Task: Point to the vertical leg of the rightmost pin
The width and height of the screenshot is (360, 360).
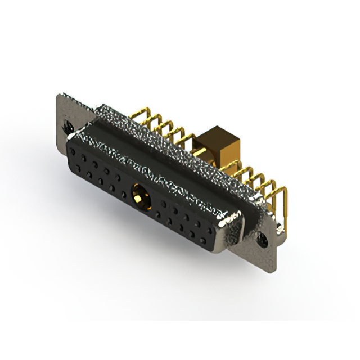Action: [284, 208]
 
